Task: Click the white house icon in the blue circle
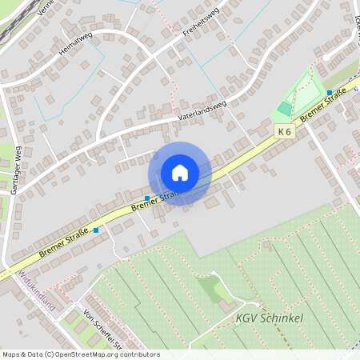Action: (x=179, y=173)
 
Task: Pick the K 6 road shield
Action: (x=284, y=130)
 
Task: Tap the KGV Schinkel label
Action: (x=269, y=318)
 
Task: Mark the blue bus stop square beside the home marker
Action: (x=147, y=198)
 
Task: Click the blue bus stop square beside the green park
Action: (x=329, y=94)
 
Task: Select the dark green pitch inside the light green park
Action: (x=284, y=107)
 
